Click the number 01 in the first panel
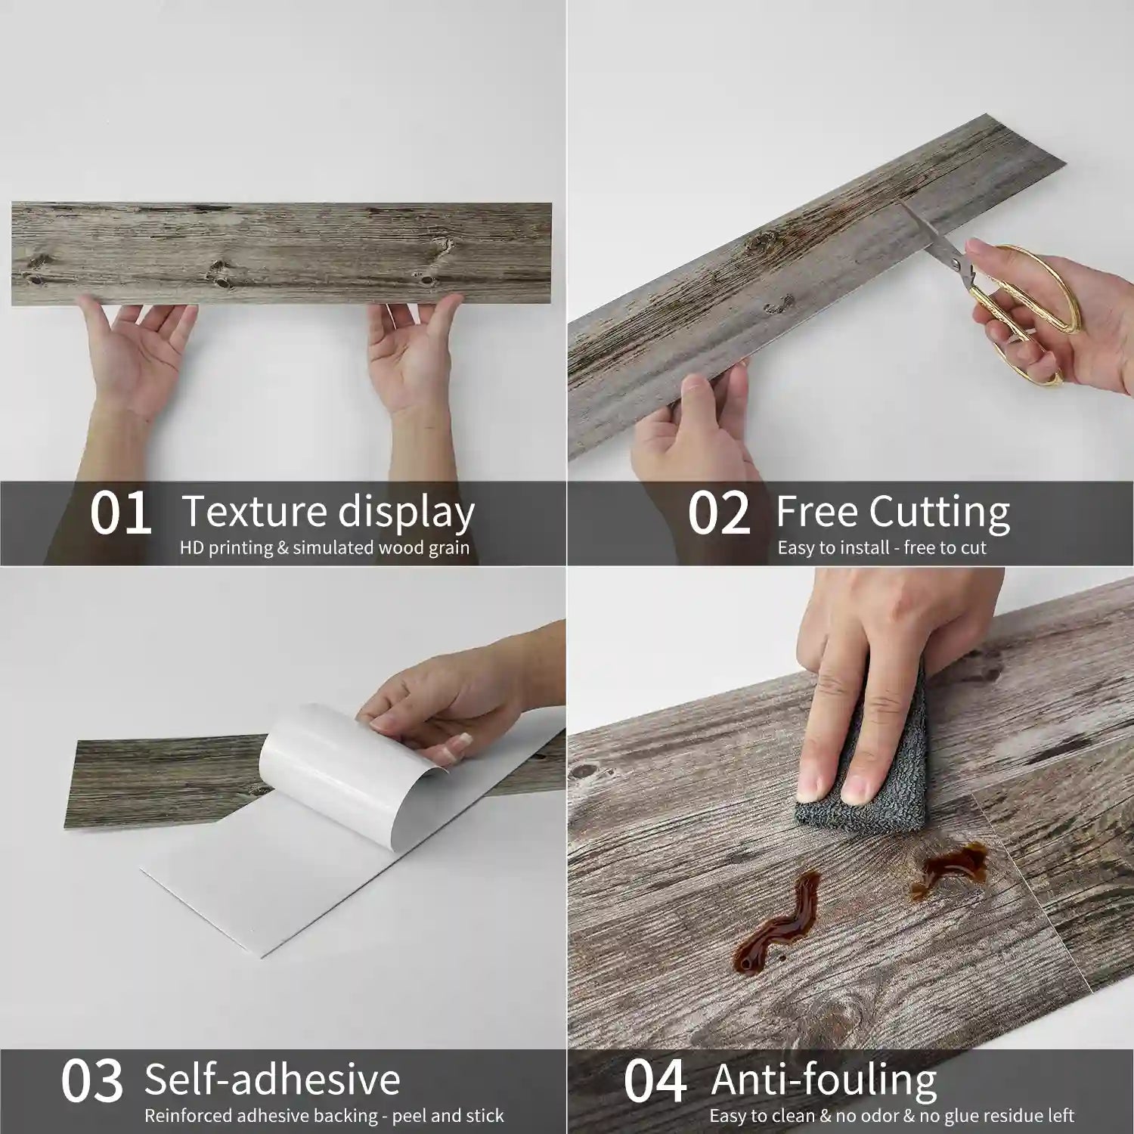click(120, 514)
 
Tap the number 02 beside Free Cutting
click(719, 514)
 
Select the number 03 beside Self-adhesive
click(91, 1082)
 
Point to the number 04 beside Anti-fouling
click(655, 1082)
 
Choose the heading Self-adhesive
click(272, 1079)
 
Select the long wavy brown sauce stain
click(775, 922)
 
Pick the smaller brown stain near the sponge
click(949, 869)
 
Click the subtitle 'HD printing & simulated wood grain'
click(324, 548)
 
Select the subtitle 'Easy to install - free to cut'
click(881, 548)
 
